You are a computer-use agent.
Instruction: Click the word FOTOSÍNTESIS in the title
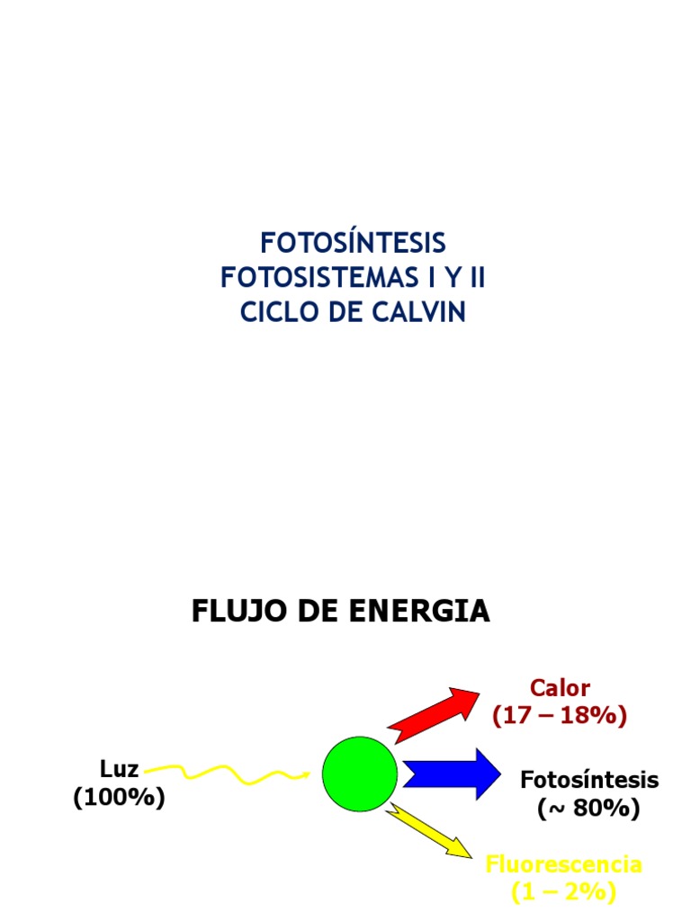point(353,243)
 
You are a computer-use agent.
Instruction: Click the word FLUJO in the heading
point(229,612)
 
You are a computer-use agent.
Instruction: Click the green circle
point(359,773)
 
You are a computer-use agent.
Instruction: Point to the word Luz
point(119,769)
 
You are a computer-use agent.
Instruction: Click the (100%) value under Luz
point(119,798)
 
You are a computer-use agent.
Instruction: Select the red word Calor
point(560,689)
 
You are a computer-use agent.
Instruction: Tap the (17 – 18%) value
point(559,717)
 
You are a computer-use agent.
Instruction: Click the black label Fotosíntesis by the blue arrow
point(589,780)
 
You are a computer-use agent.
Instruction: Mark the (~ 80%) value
point(589,809)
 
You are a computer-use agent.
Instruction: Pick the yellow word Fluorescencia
point(564,865)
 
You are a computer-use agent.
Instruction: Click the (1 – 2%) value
point(563,893)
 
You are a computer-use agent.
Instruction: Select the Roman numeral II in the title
point(473,278)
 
